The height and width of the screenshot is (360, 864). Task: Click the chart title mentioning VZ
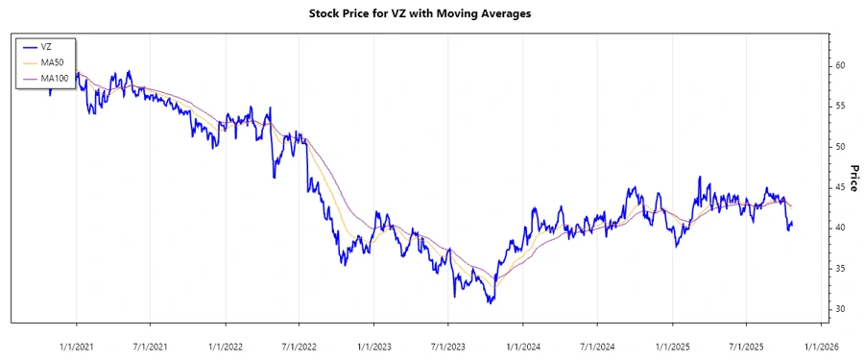coord(432,14)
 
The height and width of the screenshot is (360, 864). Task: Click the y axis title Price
coord(853,178)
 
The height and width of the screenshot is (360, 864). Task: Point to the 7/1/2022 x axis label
coord(299,347)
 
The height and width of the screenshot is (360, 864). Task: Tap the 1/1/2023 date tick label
coord(373,347)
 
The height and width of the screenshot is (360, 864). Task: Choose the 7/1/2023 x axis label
coord(447,347)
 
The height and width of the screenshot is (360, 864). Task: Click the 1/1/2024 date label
coord(523,347)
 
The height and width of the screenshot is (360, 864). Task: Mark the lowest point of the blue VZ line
coord(491,302)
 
